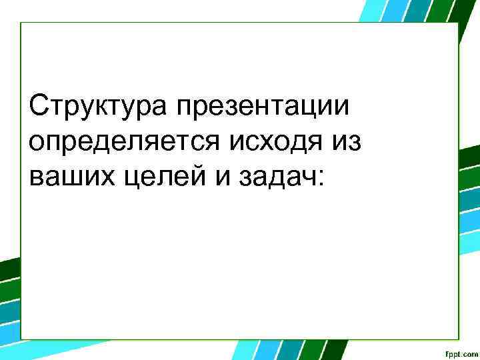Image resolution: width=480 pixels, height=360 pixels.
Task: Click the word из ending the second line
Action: [347, 141]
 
